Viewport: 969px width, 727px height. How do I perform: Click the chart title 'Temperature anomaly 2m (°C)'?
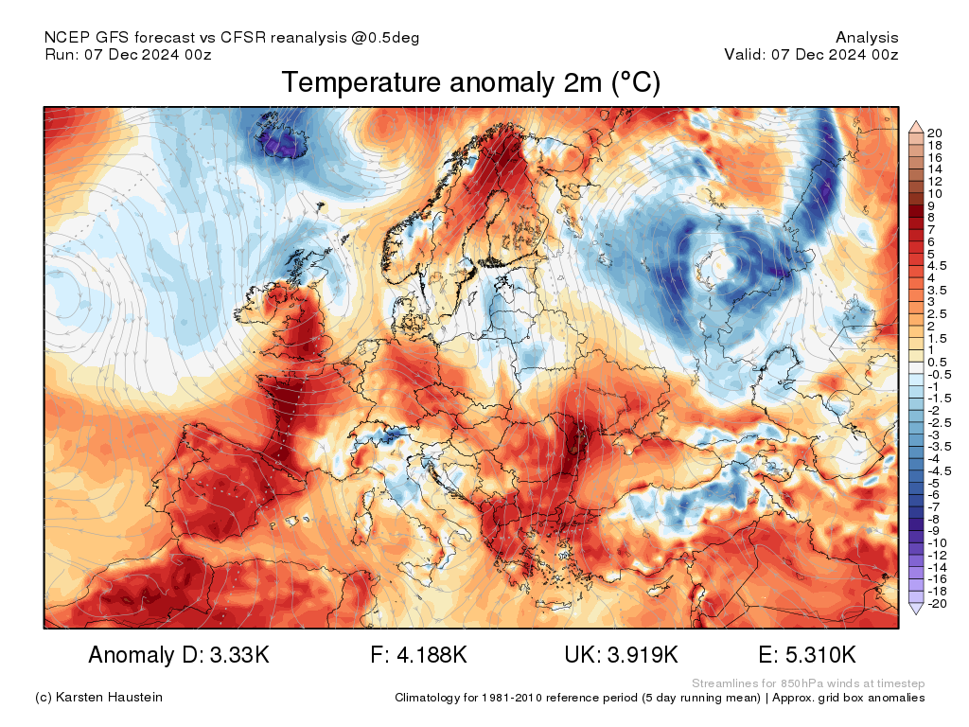(x=470, y=83)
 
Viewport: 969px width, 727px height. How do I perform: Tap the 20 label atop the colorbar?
(x=935, y=133)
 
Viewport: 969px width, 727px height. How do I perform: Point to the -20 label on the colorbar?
(x=937, y=603)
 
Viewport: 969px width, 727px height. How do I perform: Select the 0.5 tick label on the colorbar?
(x=938, y=362)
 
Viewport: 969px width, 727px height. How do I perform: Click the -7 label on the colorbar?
(x=934, y=506)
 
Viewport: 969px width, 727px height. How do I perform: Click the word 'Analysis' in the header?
(x=867, y=38)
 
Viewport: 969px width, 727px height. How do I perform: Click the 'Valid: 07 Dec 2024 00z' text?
(x=811, y=54)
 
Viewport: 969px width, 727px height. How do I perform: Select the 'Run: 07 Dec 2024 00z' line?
(x=128, y=54)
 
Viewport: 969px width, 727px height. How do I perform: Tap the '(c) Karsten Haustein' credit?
(x=98, y=698)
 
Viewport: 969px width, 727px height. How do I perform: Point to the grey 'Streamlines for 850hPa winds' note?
(x=808, y=683)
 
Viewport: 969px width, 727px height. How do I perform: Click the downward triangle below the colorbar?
(x=915, y=611)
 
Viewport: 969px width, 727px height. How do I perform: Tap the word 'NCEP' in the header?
(x=66, y=38)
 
